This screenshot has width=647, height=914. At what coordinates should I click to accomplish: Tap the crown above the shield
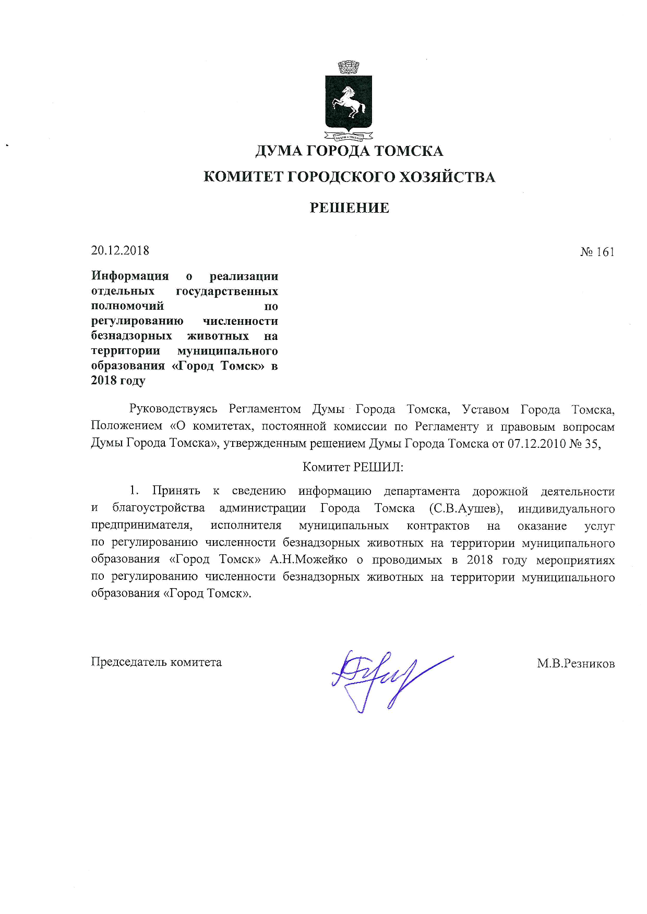click(349, 68)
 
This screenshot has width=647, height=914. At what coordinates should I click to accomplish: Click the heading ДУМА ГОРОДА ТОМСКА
click(349, 151)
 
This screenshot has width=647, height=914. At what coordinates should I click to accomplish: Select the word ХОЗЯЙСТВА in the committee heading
click(447, 177)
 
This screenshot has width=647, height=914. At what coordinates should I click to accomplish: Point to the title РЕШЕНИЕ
click(349, 208)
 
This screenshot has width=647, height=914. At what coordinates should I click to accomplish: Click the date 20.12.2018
click(120, 251)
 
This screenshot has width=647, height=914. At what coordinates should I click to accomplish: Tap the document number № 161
click(597, 252)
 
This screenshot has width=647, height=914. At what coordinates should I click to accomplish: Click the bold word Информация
click(130, 276)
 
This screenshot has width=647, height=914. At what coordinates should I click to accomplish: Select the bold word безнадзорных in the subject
click(131, 336)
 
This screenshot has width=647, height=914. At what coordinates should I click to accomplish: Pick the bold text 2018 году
click(118, 381)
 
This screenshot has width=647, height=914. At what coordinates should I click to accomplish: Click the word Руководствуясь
click(173, 409)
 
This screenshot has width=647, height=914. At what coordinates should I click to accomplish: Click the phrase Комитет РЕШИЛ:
click(353, 467)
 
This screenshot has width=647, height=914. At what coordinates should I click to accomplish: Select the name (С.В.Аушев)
click(466, 508)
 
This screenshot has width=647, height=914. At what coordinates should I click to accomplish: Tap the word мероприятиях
click(575, 560)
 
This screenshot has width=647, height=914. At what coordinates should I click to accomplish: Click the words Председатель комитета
click(157, 662)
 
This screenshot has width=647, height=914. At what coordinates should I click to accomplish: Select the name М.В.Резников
click(576, 664)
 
